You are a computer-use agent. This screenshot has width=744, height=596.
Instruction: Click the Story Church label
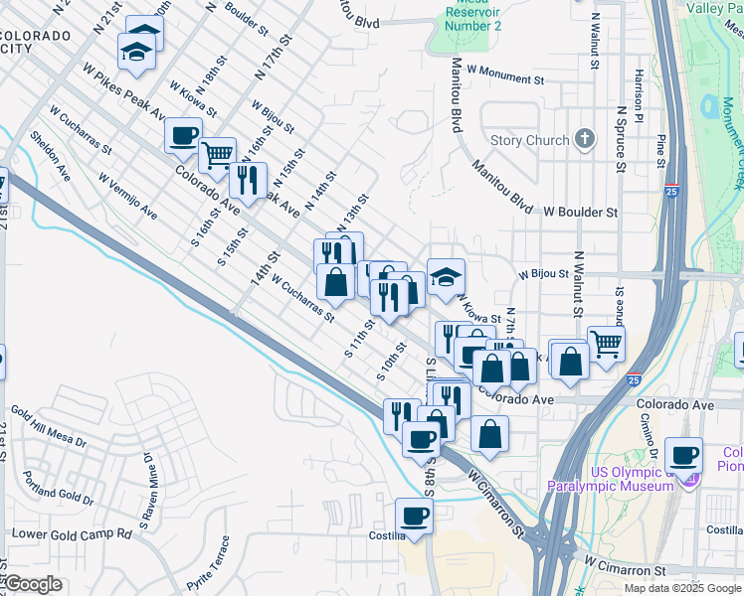pyautogui.click(x=529, y=141)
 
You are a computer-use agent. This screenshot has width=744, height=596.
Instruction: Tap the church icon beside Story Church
pyautogui.click(x=585, y=140)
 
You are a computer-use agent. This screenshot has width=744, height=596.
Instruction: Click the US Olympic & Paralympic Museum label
pyautogui.click(x=609, y=479)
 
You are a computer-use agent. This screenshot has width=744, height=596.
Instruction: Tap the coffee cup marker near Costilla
pyautogui.click(x=414, y=517)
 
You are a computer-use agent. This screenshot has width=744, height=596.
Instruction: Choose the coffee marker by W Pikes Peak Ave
pyautogui.click(x=183, y=136)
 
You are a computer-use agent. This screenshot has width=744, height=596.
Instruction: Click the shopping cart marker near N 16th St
pyautogui.click(x=217, y=155)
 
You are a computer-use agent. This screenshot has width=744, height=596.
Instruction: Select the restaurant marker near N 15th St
pyautogui.click(x=248, y=180)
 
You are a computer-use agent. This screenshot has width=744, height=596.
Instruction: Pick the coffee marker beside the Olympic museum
pyautogui.click(x=683, y=455)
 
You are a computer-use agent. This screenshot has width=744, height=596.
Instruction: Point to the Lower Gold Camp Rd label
pyautogui.click(x=71, y=533)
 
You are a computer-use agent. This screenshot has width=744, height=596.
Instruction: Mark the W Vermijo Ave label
pyautogui.click(x=127, y=197)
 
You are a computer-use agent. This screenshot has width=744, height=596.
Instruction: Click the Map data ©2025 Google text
pyautogui.click(x=681, y=588)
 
